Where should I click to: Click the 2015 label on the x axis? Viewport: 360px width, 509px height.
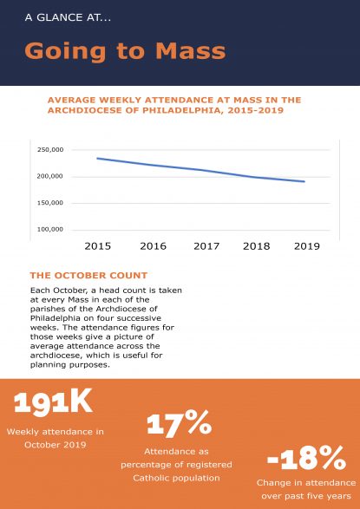point(98,246)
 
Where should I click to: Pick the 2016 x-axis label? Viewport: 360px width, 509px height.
point(153,246)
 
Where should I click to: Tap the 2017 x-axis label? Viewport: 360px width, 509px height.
point(206,246)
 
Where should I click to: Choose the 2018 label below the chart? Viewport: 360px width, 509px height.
point(257,246)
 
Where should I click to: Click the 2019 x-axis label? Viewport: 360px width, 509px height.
point(307,246)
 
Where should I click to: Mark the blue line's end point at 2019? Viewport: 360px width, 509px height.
point(304,181)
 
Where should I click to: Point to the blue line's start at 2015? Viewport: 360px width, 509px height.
point(97,159)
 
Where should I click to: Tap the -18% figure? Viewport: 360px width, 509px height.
point(306,458)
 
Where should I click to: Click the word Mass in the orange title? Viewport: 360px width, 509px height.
point(191,51)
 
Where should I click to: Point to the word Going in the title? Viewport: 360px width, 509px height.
point(65,52)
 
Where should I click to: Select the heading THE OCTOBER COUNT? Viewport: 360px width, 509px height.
point(88,276)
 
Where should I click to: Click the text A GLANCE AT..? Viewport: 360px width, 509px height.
point(68,17)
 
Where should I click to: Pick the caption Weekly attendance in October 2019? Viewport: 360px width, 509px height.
point(56,438)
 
